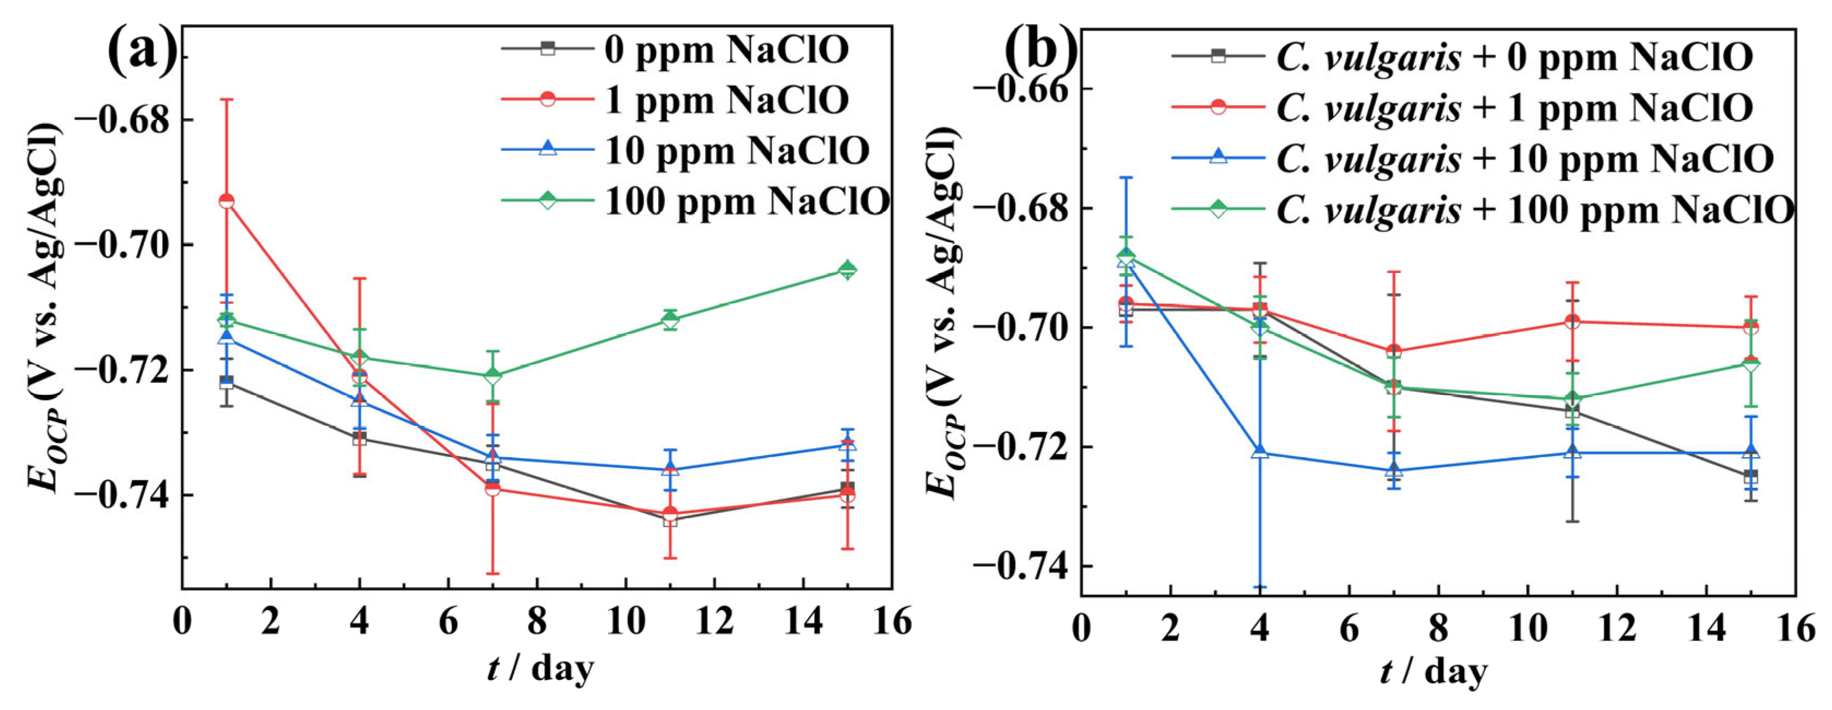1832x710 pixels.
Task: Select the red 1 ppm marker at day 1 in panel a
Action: click(226, 202)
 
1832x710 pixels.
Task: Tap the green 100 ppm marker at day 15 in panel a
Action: click(847, 270)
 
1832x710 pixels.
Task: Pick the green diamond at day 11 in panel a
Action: click(669, 319)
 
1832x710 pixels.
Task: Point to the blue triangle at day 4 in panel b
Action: click(1260, 452)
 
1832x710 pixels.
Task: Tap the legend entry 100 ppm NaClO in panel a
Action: click(747, 202)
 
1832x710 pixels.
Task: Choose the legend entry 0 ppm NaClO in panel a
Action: click(725, 49)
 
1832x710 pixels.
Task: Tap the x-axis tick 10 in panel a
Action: click(625, 622)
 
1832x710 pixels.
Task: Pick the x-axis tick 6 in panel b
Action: click(1349, 629)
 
